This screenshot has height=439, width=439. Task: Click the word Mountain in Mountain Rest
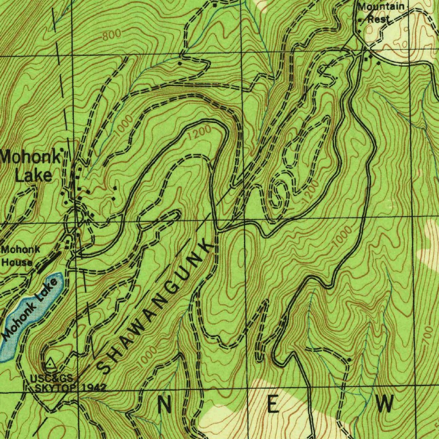pyautogui.click(x=381, y=6)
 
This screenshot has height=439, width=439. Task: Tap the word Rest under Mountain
pyautogui.click(x=379, y=19)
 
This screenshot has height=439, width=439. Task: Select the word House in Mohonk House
pyautogui.click(x=17, y=262)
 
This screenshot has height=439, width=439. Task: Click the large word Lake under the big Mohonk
pyautogui.click(x=33, y=175)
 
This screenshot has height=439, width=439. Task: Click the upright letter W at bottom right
pyautogui.click(x=385, y=404)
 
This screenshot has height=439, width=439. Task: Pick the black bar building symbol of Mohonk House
pyautogui.click(x=48, y=262)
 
